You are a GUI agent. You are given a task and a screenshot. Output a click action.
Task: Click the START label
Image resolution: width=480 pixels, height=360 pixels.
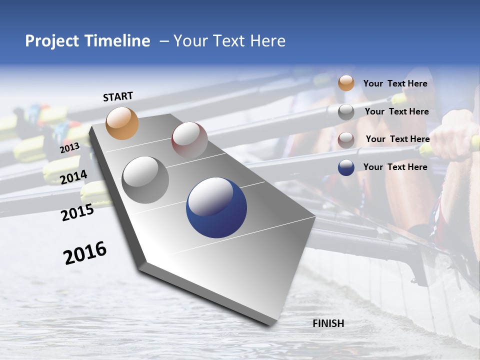tap(118, 96)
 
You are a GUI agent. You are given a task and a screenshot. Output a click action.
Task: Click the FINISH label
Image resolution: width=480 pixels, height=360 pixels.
tap(328, 323)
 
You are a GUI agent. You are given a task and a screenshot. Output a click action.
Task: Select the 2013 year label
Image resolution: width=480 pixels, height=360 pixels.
tap(69, 148)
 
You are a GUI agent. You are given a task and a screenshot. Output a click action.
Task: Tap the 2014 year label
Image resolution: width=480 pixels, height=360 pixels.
tap(73, 177)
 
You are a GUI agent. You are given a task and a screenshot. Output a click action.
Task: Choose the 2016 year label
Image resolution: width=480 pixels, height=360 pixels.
tap(85, 253)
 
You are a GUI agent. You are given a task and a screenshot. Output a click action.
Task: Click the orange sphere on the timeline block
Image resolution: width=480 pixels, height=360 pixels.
tap(122, 123)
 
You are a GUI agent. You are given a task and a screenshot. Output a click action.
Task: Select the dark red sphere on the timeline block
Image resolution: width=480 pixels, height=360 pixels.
tap(189, 140)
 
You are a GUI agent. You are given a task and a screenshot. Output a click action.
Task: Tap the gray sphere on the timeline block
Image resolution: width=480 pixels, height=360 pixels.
tap(145, 180)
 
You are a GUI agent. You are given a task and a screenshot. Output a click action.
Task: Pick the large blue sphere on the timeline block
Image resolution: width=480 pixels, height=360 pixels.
tap(216, 207)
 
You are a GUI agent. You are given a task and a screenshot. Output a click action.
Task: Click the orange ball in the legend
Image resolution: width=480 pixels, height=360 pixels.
tap(346, 83)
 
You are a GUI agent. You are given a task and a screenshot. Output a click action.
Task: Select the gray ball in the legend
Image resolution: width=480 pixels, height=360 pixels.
tap(346, 112)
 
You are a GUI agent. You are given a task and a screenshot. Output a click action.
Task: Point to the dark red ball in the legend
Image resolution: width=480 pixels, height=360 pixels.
tap(346, 139)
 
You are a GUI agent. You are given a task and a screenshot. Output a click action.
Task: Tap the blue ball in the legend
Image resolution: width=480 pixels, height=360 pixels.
tap(346, 167)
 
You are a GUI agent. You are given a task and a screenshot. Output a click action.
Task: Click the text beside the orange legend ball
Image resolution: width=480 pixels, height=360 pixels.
tap(395, 83)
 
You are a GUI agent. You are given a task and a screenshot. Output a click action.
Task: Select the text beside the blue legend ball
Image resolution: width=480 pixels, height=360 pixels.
tap(395, 167)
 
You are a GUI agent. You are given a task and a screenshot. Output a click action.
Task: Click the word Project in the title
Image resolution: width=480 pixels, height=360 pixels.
tap(52, 41)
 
